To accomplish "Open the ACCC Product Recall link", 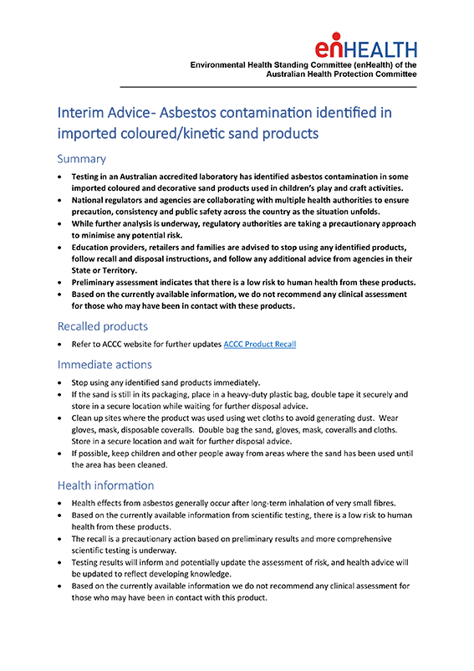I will [259, 345].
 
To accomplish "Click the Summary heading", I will [81, 159].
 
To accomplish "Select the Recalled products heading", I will [103, 325].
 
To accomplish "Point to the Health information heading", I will [105, 485].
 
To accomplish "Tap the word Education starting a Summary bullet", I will [95, 248].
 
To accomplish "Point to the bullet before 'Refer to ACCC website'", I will [59, 345].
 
